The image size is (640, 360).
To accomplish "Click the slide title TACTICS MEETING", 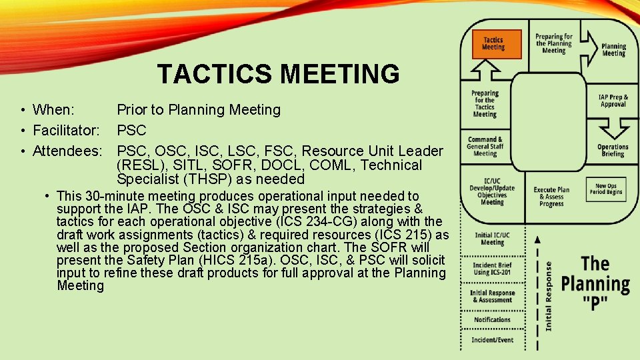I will pyautogui.click(x=278, y=73).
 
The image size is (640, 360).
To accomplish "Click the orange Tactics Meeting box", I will pyautogui.click(x=493, y=44).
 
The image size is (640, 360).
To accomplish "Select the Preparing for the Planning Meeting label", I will pyautogui.click(x=554, y=43).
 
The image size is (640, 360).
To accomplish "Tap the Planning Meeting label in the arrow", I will pyautogui.click(x=613, y=50).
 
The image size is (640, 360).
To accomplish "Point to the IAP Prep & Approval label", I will pyautogui.click(x=613, y=101).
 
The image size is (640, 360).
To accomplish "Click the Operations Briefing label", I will pyautogui.click(x=613, y=150).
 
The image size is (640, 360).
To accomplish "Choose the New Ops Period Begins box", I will pyautogui.click(x=606, y=189).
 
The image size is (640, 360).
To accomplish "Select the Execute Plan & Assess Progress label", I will pyautogui.click(x=551, y=197).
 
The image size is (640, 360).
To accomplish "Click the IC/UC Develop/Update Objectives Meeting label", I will pyautogui.click(x=492, y=191).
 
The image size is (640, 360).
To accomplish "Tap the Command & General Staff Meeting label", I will pyautogui.click(x=485, y=147).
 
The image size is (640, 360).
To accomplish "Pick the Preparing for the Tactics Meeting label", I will pyautogui.click(x=485, y=103).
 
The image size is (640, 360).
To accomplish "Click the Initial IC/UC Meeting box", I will pyautogui.click(x=492, y=239).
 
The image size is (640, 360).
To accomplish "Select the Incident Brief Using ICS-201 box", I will pyautogui.click(x=492, y=269).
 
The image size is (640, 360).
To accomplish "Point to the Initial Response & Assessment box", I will pyautogui.click(x=492, y=297).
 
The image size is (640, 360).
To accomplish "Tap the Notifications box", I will pyautogui.click(x=492, y=320).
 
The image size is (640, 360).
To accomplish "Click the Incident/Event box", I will pyautogui.click(x=492, y=340).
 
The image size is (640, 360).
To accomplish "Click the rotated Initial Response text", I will pyautogui.click(x=548, y=295).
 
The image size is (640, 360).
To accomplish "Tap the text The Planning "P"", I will pyautogui.click(x=595, y=283).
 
